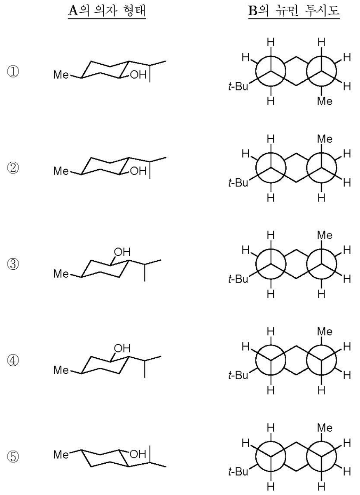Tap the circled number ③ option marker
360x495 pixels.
pos(16,264)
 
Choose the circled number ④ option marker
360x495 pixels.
pos(16,360)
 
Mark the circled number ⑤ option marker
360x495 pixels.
pos(16,456)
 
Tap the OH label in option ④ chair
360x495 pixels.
pos(123,348)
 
